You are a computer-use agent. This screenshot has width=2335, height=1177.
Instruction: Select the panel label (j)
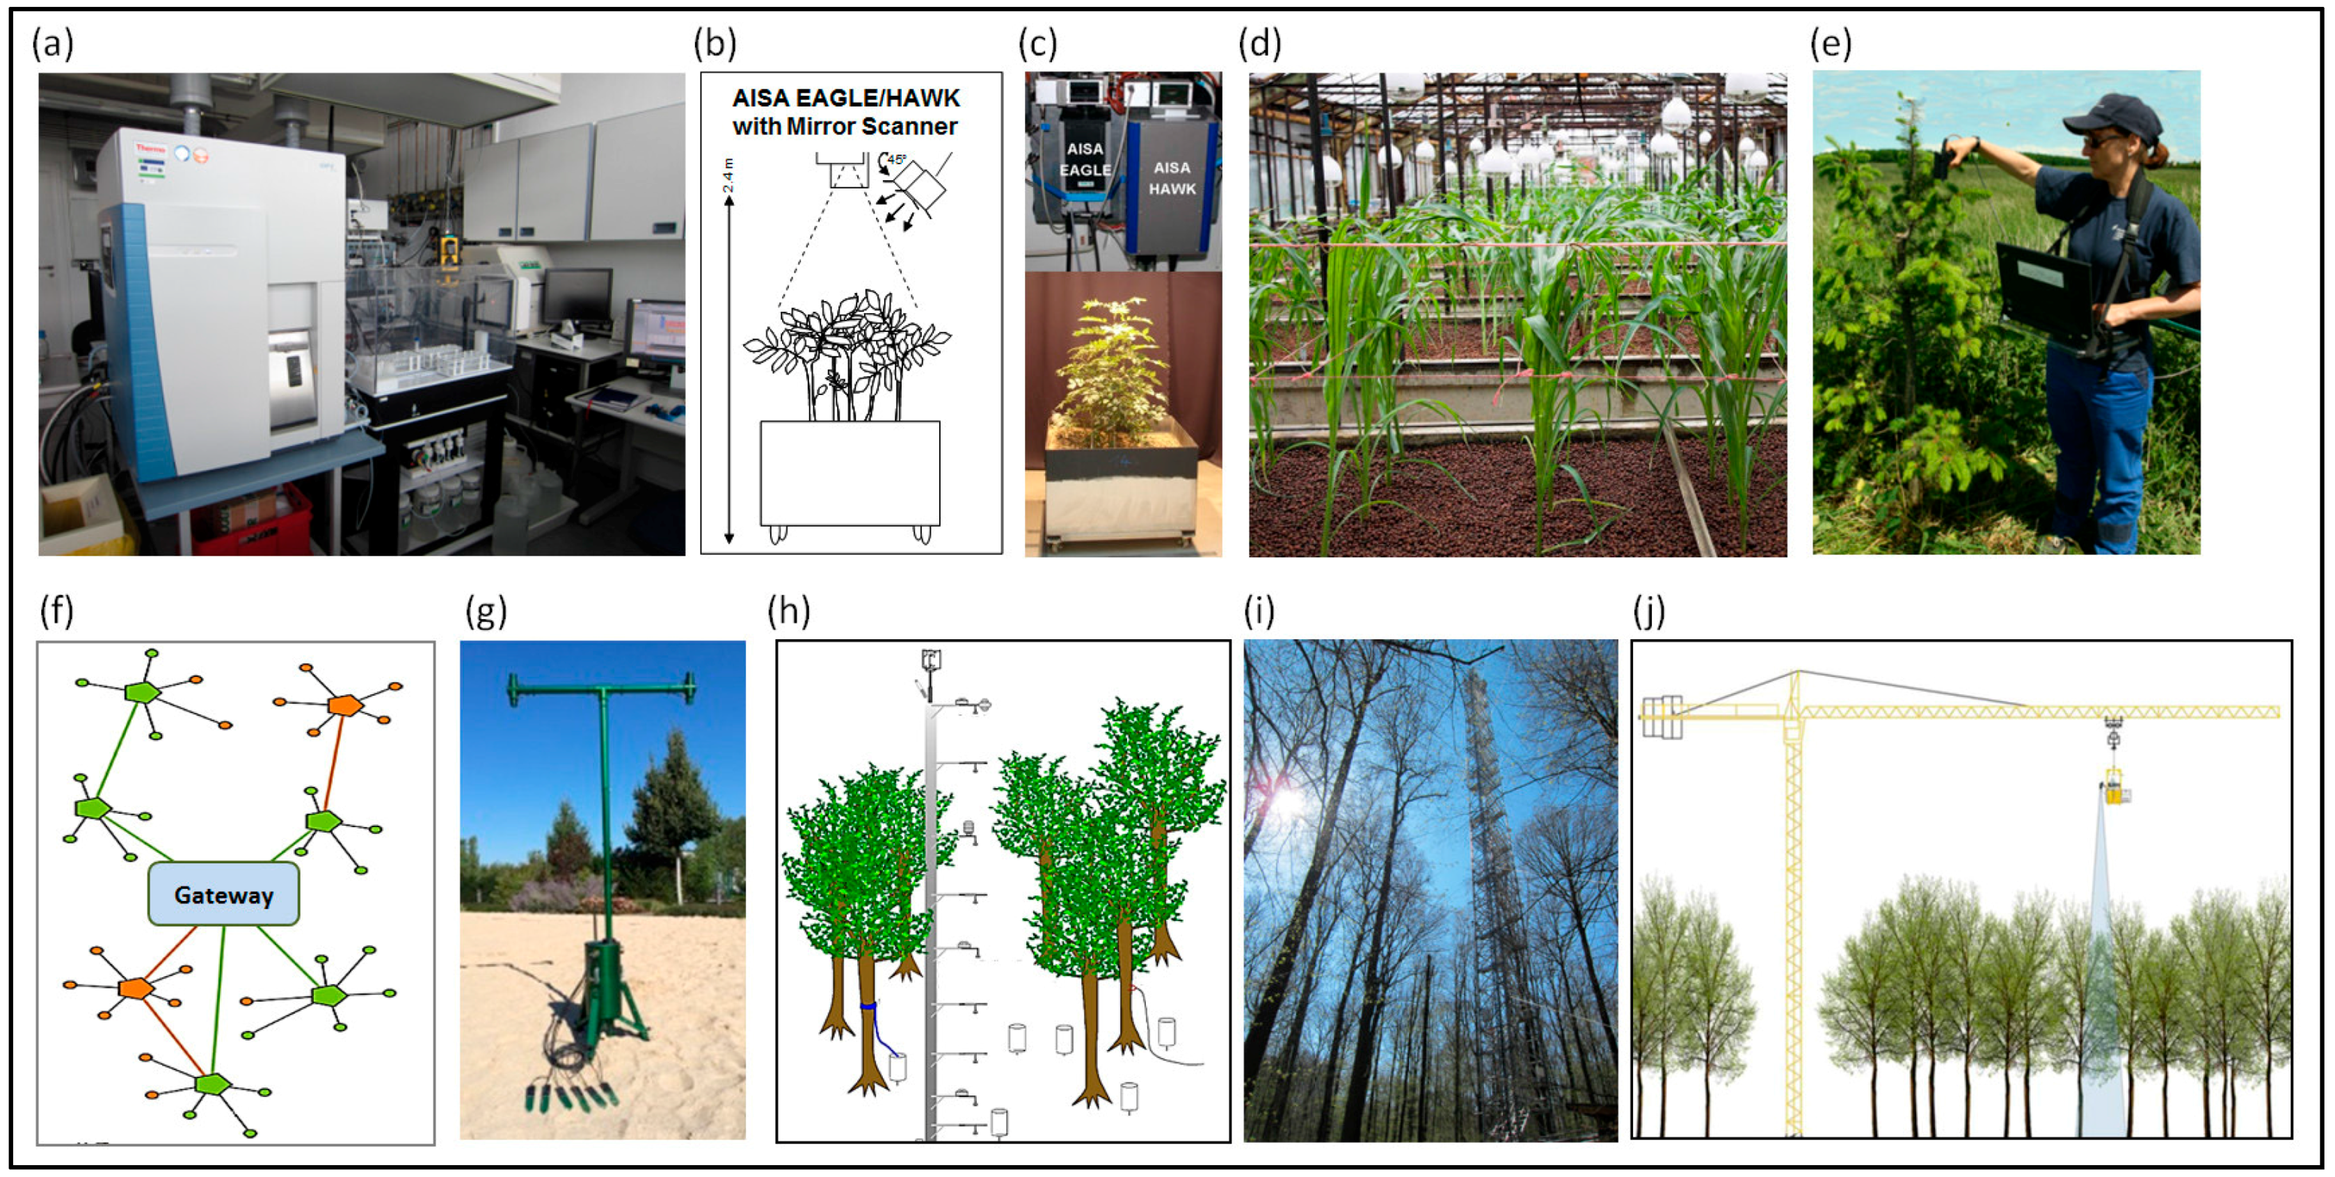(x=1650, y=611)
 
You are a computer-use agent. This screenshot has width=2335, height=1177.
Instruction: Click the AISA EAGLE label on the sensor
(x=1084, y=159)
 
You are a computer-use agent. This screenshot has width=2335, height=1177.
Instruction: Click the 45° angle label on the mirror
(x=895, y=159)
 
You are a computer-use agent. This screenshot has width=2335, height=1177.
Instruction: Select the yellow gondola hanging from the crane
(x=2116, y=787)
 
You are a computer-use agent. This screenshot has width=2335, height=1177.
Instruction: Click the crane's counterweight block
(x=1661, y=716)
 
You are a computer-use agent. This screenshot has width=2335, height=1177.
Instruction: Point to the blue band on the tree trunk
(x=868, y=1006)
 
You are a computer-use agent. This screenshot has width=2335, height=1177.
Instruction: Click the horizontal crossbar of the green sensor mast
(x=602, y=691)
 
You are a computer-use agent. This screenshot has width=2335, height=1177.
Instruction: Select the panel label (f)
(x=56, y=611)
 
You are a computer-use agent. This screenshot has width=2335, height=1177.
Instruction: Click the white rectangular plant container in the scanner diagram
(x=850, y=472)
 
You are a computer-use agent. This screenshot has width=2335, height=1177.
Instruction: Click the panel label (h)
(x=788, y=611)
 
